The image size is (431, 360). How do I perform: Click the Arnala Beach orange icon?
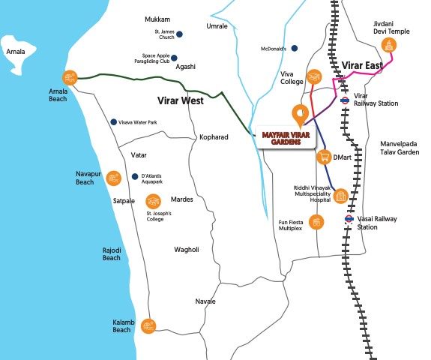[70, 78]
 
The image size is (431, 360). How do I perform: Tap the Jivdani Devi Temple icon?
[389, 46]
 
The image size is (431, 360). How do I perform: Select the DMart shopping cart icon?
[325, 157]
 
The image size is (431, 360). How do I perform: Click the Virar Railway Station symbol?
[345, 100]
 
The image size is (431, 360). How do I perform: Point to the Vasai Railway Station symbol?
[349, 219]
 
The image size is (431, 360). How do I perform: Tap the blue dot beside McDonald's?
[295, 49]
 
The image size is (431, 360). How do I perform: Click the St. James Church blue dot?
[179, 34]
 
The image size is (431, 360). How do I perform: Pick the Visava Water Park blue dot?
[113, 122]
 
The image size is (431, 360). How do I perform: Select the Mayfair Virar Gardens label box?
[286, 138]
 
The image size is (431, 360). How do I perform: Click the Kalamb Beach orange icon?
[148, 326]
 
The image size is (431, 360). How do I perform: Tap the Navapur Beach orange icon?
[114, 178]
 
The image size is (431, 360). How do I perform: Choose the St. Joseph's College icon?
[154, 201]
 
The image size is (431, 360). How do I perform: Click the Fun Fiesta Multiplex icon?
[316, 222]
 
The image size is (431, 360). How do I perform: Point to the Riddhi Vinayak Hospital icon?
[341, 196]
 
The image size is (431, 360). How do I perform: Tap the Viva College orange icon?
[314, 76]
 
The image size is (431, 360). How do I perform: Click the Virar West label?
[181, 100]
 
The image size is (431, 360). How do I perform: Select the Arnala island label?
[16, 52]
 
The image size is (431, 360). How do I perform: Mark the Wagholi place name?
[187, 250]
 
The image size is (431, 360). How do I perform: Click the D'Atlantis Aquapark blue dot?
[135, 176]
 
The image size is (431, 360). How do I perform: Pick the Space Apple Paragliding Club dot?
[174, 58]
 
